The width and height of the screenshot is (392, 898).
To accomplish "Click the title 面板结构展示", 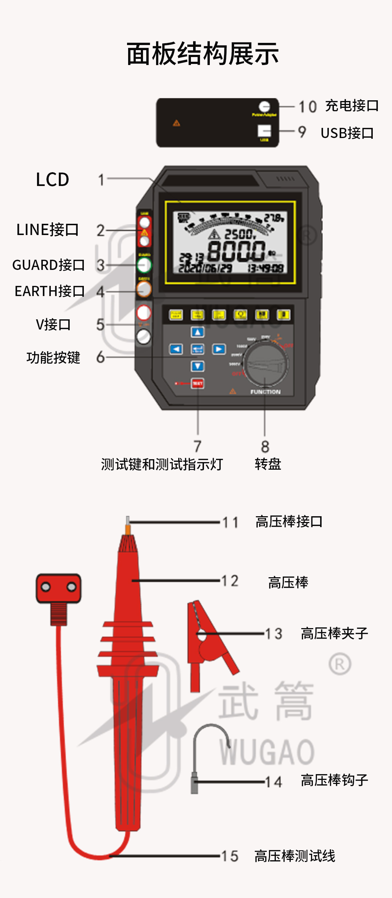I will (x=203, y=54).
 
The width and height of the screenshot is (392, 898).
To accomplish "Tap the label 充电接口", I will (x=352, y=106).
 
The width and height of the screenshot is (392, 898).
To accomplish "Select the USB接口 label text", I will (x=347, y=133).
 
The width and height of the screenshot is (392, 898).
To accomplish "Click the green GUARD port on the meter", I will (x=144, y=265).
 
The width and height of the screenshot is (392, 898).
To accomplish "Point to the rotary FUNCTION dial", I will (x=266, y=363).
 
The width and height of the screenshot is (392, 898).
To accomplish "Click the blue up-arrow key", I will (x=197, y=332).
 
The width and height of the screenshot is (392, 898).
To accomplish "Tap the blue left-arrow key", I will (x=176, y=349).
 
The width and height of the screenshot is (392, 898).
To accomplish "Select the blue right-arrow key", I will (x=219, y=349).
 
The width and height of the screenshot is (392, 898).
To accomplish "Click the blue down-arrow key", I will (x=197, y=366).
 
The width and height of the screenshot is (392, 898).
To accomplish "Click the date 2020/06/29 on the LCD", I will (x=205, y=268).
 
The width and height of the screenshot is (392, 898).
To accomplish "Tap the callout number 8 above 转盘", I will (x=265, y=446).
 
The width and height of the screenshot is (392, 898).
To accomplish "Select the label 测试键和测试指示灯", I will (x=162, y=464).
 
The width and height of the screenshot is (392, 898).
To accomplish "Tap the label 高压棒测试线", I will (x=295, y=856).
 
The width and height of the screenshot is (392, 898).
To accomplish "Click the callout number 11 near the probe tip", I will (x=230, y=522).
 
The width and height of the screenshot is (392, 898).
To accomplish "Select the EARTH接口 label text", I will (x=49, y=291).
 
